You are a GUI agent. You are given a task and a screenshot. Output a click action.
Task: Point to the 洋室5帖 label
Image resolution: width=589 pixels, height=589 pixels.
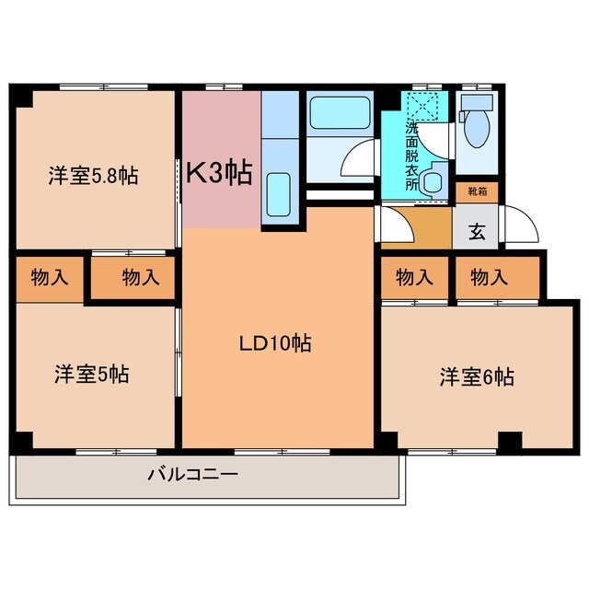[90, 375]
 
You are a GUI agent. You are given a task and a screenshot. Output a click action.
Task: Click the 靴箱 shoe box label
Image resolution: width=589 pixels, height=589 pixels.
[477, 192]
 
